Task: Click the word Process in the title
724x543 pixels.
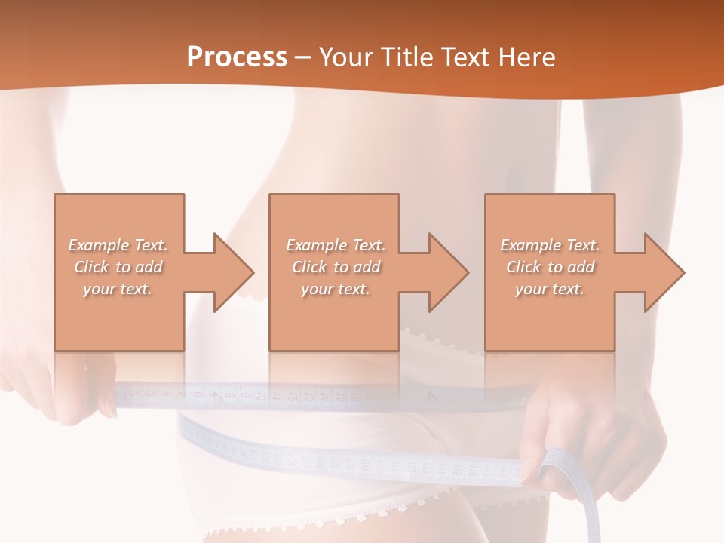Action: [x=237, y=57]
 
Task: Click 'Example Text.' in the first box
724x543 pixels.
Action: [x=118, y=245]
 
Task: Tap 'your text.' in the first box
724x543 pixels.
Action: [x=118, y=289]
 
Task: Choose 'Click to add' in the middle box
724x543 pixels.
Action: [x=336, y=267]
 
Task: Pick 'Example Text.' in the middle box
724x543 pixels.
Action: [x=336, y=245]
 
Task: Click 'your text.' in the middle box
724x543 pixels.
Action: [x=336, y=289]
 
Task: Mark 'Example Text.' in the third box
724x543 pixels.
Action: [x=550, y=245]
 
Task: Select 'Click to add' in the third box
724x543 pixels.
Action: [x=550, y=267]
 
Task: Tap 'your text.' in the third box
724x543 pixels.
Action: [x=550, y=289]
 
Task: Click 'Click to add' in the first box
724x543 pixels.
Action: [x=118, y=267]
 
